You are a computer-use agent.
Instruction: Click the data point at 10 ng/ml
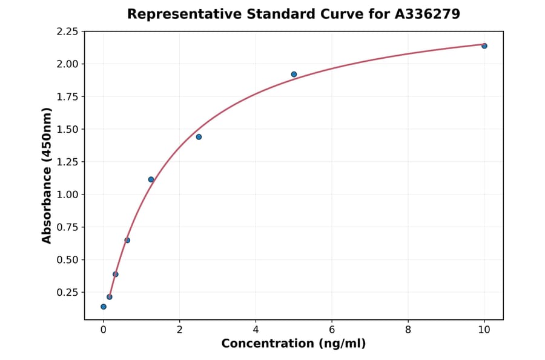tap(484, 46)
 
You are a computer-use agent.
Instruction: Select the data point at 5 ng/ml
tap(294, 75)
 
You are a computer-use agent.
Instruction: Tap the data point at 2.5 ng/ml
tap(199, 137)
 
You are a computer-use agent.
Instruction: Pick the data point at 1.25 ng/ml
tap(151, 179)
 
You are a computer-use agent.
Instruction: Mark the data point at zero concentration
tap(104, 307)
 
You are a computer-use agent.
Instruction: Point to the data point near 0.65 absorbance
tap(127, 240)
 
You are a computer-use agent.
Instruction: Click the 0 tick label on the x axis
tap(104, 330)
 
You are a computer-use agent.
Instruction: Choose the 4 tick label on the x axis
tap(256, 330)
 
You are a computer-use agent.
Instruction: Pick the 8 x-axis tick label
tap(408, 330)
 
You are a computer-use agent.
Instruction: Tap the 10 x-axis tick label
tap(484, 330)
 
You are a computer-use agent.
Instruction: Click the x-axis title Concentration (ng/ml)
tap(294, 344)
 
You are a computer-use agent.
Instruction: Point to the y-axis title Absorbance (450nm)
tap(47, 175)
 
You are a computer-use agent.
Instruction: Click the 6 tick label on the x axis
tap(332, 330)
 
